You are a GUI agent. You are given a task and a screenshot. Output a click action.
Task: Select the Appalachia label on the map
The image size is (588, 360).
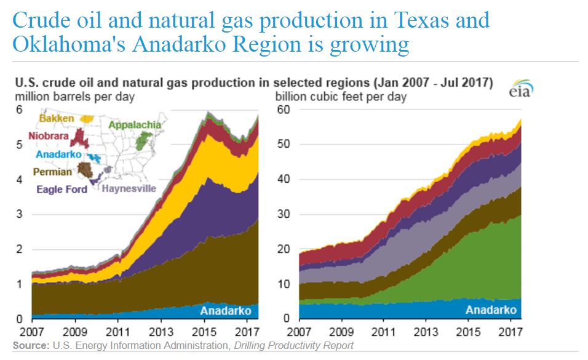[x=135, y=125]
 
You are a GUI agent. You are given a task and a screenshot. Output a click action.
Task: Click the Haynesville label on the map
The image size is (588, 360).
[x=129, y=189]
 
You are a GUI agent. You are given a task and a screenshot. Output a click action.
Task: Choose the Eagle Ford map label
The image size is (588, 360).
[x=62, y=189]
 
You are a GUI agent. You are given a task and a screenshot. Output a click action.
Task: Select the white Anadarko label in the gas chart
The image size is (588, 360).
[x=491, y=310]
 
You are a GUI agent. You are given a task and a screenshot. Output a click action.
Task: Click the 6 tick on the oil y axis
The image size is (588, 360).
[x=18, y=110]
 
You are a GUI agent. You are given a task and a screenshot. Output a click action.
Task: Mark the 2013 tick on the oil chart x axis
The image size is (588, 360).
[x=161, y=330]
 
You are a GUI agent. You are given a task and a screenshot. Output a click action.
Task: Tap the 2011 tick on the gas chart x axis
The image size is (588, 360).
[x=383, y=330]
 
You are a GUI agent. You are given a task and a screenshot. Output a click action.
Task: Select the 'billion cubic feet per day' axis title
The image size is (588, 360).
[x=341, y=97]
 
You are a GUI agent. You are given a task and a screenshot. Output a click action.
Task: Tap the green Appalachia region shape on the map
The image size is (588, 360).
[x=143, y=141]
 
